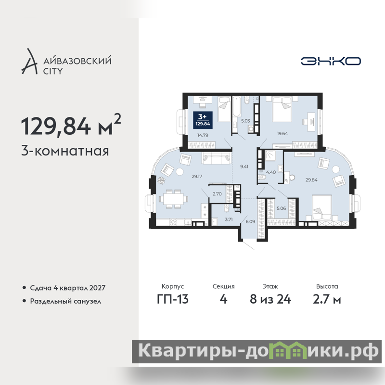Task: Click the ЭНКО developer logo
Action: point(331,61)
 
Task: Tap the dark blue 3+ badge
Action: point(203,120)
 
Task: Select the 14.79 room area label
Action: point(203,135)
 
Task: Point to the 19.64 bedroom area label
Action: point(282,134)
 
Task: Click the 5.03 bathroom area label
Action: point(245,121)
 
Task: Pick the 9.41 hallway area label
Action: point(244,167)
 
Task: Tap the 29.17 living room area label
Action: point(197,176)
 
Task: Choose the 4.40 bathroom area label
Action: point(271,172)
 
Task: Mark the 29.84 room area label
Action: point(311,180)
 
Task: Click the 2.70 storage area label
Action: point(217,194)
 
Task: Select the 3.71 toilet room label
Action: point(229,219)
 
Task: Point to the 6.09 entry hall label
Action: point(250,221)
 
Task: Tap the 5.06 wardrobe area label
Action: point(282,208)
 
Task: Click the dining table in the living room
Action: point(173,199)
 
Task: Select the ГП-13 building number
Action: point(173,299)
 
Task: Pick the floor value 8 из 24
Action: point(270,299)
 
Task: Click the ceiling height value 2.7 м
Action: point(327,299)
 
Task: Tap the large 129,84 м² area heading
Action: point(71,125)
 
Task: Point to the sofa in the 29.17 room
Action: point(216,158)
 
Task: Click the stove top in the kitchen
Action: point(173,222)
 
